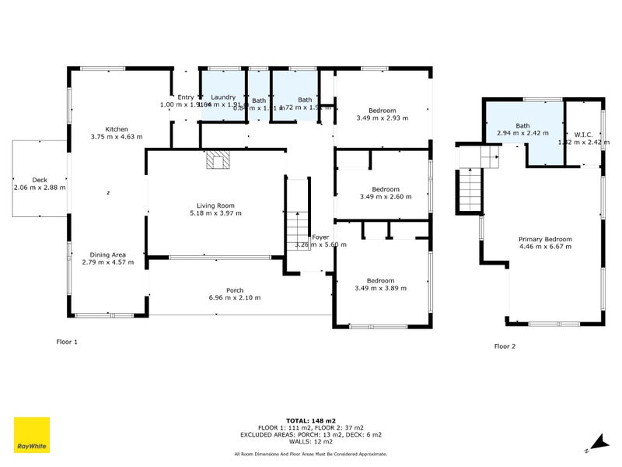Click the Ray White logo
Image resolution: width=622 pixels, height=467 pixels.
coord(31,435)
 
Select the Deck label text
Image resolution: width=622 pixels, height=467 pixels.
coord(39,179)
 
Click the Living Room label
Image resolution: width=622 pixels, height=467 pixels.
coord(215,205)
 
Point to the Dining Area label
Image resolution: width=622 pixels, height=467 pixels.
coord(107,255)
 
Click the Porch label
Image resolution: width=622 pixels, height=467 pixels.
coord(235,290)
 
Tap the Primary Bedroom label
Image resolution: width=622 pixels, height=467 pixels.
coord(545,239)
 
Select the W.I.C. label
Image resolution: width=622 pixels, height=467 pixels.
coord(583,134)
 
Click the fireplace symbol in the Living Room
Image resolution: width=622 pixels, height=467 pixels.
coord(218,160)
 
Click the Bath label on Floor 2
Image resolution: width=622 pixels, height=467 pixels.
coord(522,125)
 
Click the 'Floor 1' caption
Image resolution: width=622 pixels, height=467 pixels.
coord(67,342)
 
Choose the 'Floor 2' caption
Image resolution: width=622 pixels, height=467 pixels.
coord(505,346)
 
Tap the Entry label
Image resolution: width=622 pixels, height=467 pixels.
coord(185,97)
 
